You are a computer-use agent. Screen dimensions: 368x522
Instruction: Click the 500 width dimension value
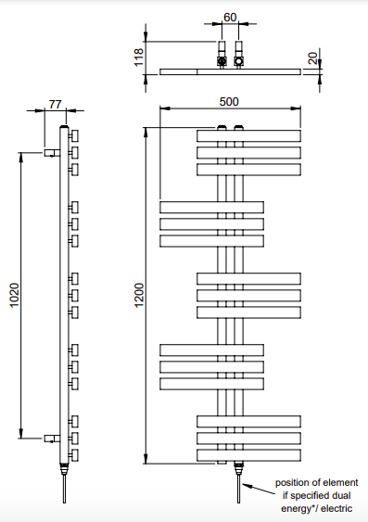[x=229, y=102]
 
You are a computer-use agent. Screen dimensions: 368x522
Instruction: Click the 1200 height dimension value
[x=139, y=295]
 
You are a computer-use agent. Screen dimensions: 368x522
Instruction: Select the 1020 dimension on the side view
[x=14, y=295]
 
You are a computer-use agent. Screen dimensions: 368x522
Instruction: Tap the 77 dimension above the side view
[x=56, y=104]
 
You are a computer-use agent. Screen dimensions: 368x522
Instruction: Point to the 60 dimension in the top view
[x=230, y=18]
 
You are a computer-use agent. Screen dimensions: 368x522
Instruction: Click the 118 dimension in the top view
[x=139, y=57]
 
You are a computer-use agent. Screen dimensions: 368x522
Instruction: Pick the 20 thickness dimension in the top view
[x=312, y=58]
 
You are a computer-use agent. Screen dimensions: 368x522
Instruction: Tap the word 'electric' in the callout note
[x=336, y=508]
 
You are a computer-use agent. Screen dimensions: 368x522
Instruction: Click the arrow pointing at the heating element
[x=259, y=490]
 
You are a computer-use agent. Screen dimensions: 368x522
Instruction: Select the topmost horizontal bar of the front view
[x=248, y=135]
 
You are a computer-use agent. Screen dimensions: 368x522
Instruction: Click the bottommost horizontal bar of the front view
[x=248, y=455]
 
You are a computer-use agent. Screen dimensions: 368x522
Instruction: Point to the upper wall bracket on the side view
[x=52, y=153]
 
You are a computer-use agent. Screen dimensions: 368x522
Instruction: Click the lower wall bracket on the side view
[x=52, y=439]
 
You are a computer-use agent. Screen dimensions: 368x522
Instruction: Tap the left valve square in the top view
[x=222, y=61]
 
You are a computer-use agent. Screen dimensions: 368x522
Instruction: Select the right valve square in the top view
[x=238, y=61]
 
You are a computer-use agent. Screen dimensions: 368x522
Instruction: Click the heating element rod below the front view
[x=238, y=489]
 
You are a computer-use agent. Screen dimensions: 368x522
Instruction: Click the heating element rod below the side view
[x=64, y=489]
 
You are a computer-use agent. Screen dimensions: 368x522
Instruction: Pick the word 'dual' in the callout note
[x=343, y=495]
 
